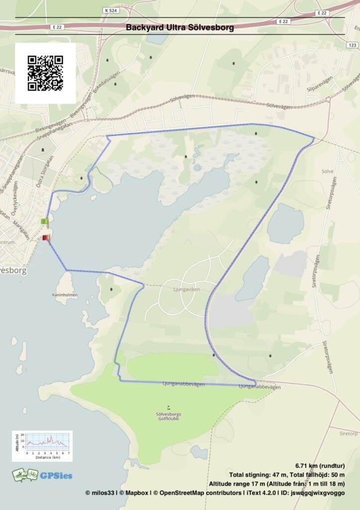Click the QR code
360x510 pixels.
click(x=45, y=73)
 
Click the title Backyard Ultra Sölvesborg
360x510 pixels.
click(x=180, y=28)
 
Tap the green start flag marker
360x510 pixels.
click(x=45, y=222)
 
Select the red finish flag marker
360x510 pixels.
click(x=46, y=238)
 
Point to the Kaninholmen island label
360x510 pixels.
click(x=65, y=295)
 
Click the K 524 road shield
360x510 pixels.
click(x=112, y=10)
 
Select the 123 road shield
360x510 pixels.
click(x=352, y=45)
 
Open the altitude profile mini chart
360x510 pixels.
click(x=42, y=446)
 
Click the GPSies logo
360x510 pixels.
click(x=42, y=475)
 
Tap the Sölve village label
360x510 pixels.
click(x=327, y=171)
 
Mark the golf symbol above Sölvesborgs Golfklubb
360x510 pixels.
click(x=168, y=407)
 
